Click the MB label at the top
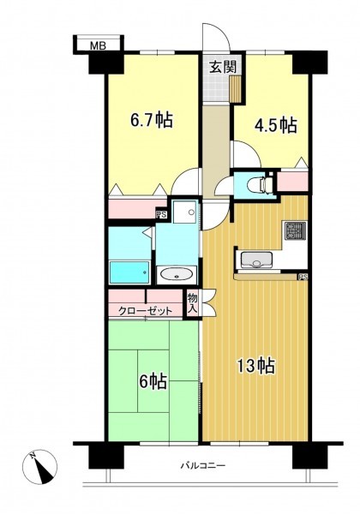pyautogui.click(x=98, y=46)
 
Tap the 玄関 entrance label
pyautogui.click(x=223, y=68)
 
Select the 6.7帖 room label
pyautogui.click(x=151, y=120)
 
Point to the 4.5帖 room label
pyautogui.click(x=276, y=126)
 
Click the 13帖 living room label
pyautogui.click(x=255, y=366)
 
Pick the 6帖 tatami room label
pyautogui.click(x=153, y=382)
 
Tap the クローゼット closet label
pyautogui.click(x=145, y=310)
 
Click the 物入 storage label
pyautogui.click(x=193, y=303)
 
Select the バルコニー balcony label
pyautogui.click(x=203, y=466)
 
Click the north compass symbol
pyautogui.click(x=39, y=467)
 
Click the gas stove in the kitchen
pyautogui.click(x=296, y=230)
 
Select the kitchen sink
pyautogui.click(x=257, y=260)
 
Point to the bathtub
pyautogui.click(x=129, y=272)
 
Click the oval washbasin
pyautogui.click(x=177, y=274)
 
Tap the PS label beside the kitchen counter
pyautogui.click(x=303, y=277)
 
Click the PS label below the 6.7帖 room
pyautogui.click(x=161, y=215)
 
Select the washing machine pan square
pyautogui.click(x=184, y=212)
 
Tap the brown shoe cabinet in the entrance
pyautogui.click(x=236, y=88)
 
